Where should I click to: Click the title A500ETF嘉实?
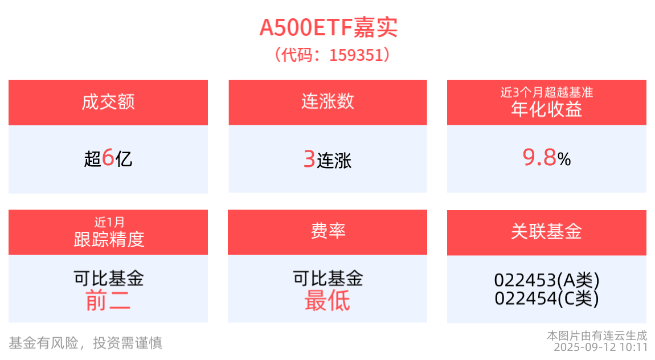[x=328, y=27]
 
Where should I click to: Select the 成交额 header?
[x=108, y=102]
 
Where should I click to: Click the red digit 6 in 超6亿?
[x=108, y=158]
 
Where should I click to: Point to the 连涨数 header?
[x=327, y=101]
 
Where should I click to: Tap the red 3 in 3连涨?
[x=309, y=159]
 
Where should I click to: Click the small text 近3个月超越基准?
[x=547, y=91]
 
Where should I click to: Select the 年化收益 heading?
[x=547, y=109]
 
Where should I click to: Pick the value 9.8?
[x=539, y=158]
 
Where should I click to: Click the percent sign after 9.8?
[x=564, y=160]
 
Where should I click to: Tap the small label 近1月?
[x=108, y=222]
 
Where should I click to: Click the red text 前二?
[x=108, y=300]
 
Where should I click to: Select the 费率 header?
[x=327, y=231]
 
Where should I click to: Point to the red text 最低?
[x=327, y=300]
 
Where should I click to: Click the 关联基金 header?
[x=547, y=232]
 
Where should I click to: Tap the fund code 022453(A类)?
[x=547, y=280]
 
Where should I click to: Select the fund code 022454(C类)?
[x=547, y=298]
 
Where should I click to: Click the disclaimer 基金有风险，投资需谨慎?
[x=85, y=343]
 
